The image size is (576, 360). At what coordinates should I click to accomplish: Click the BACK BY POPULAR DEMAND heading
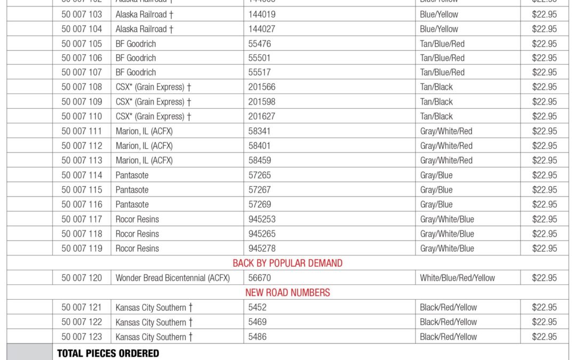[x=287, y=263]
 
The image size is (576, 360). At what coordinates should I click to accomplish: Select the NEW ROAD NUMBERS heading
[x=287, y=292]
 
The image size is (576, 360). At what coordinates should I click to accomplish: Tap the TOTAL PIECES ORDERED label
[x=108, y=353]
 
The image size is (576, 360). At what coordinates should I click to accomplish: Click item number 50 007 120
[x=82, y=278]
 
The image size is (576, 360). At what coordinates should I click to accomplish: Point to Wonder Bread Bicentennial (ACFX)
[x=172, y=278]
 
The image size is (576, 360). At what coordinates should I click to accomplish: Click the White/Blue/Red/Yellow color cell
[x=457, y=278]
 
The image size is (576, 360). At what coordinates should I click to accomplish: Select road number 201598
[x=262, y=102]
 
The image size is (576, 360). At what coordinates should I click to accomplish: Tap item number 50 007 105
[x=82, y=44]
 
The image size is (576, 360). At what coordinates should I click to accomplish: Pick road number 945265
[x=262, y=234]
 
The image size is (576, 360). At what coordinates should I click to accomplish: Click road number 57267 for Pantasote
[x=260, y=190]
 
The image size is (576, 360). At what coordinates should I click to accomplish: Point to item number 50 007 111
[x=82, y=131]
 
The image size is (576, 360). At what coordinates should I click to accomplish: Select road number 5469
[x=258, y=322]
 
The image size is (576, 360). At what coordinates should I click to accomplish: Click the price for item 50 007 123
[x=544, y=337]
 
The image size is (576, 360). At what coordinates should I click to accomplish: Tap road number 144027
[x=262, y=29]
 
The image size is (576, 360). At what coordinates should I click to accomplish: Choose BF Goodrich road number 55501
[x=260, y=58]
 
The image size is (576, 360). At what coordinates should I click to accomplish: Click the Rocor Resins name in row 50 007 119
[x=137, y=249]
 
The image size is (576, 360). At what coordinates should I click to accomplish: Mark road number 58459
[x=260, y=161]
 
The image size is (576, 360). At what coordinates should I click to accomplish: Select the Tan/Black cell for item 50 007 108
[x=436, y=87]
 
